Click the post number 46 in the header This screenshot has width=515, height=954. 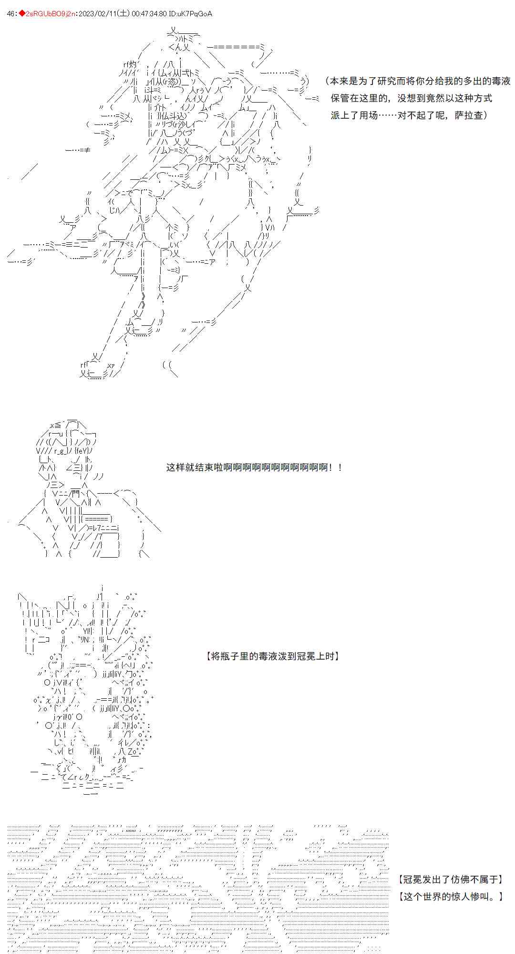point(11,14)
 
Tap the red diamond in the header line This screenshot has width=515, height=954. point(21,14)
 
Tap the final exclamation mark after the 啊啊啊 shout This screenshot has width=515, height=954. point(340,467)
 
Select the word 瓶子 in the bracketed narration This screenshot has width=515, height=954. point(231,656)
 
